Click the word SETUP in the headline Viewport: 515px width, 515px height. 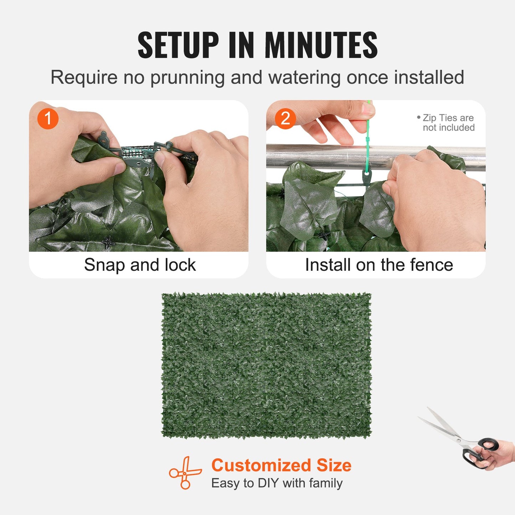[x=178, y=45]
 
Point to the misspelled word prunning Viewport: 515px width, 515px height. [x=187, y=78]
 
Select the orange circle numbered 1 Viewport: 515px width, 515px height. [x=48, y=119]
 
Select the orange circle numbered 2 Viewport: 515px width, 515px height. [x=285, y=119]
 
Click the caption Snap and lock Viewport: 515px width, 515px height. [x=140, y=265]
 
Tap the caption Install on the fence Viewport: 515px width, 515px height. [x=379, y=265]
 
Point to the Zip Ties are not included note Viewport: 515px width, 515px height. [x=447, y=123]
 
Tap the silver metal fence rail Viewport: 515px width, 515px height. [x=321, y=156]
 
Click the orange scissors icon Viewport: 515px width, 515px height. [x=185, y=473]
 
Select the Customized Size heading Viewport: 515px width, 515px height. [x=281, y=465]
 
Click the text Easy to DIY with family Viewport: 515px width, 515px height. [x=277, y=483]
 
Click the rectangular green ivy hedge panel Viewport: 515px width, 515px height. [x=266, y=365]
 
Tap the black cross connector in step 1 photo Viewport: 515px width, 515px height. [x=108, y=242]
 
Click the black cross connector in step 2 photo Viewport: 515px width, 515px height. [x=323, y=235]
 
